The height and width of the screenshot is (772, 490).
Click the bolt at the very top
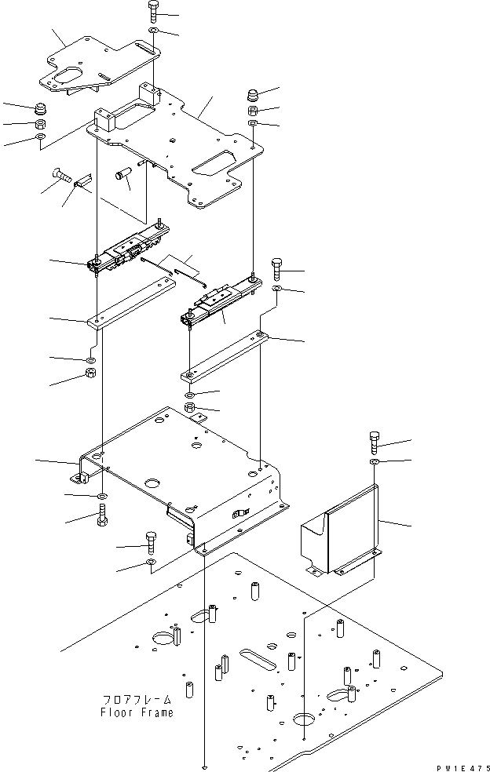tap(153, 13)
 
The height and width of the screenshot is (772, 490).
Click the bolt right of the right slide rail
tap(277, 268)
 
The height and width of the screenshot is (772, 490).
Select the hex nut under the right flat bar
tap(190, 406)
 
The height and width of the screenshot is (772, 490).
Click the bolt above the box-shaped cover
tap(375, 443)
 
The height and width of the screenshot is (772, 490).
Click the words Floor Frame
tap(137, 712)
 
